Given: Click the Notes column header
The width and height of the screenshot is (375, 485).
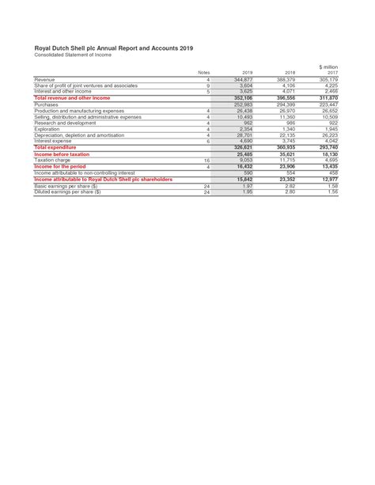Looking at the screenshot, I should click(x=203, y=73).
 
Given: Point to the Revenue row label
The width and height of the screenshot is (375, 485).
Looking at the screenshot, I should click(x=45, y=80).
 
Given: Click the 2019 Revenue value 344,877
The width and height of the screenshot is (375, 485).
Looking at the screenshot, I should click(x=243, y=80).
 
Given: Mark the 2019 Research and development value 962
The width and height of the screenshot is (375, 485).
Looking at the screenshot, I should click(x=248, y=123).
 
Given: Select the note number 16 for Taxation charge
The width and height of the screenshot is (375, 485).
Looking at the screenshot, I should click(x=207, y=160).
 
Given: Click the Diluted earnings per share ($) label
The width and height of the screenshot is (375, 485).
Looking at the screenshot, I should click(x=71, y=191).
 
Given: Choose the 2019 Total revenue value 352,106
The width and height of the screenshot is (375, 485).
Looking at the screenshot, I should click(x=243, y=97).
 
